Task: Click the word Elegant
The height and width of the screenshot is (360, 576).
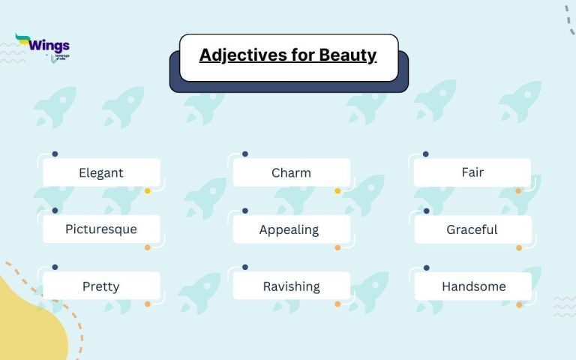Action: click(101, 172)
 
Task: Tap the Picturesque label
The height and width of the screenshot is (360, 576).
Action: click(101, 229)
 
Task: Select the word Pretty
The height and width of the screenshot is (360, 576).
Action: click(101, 286)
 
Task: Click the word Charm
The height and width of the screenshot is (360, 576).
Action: click(291, 172)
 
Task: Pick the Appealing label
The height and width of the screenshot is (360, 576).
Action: click(289, 229)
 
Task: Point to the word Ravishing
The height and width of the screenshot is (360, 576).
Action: click(291, 286)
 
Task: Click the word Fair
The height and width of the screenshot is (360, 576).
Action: click(472, 172)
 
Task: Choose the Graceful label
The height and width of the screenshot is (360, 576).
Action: click(472, 229)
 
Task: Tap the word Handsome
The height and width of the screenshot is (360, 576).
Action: click(473, 286)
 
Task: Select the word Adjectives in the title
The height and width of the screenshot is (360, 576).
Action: click(239, 55)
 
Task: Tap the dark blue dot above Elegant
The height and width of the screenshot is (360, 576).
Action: click(55, 154)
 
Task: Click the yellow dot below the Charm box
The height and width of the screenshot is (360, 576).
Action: click(337, 190)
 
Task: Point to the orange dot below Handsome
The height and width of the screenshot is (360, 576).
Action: click(518, 304)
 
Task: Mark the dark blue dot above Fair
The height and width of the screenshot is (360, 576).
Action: click(426, 154)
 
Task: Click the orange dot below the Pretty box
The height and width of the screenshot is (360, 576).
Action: click(148, 304)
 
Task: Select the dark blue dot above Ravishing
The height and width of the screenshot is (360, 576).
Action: click(245, 267)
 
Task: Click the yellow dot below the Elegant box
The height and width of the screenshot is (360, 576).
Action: click(148, 190)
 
